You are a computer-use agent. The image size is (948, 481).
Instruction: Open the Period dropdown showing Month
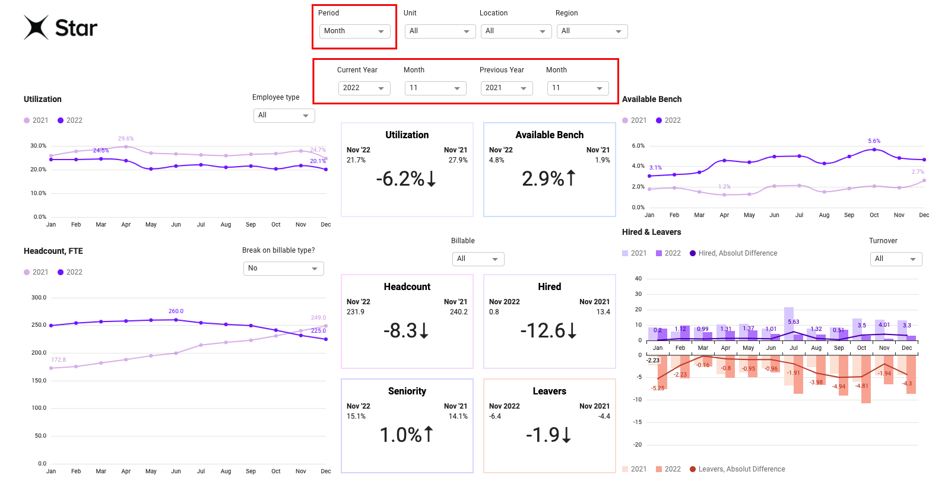click(x=354, y=31)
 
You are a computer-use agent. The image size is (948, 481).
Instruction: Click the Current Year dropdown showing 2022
click(x=364, y=88)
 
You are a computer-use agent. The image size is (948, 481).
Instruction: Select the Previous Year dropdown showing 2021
click(x=506, y=88)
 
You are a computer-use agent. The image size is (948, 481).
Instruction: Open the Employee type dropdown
click(x=284, y=116)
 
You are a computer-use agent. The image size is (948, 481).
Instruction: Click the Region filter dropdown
click(x=592, y=31)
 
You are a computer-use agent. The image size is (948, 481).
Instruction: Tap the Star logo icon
click(x=36, y=27)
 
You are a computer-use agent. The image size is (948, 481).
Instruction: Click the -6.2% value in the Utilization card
click(x=406, y=179)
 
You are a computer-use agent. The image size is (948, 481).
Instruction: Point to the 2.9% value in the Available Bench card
click(x=548, y=179)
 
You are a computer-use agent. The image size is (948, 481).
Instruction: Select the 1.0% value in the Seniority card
click(x=406, y=435)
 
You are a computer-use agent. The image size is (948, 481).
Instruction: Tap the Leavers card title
click(x=549, y=391)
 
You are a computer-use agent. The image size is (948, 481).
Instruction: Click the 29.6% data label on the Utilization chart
click(x=126, y=139)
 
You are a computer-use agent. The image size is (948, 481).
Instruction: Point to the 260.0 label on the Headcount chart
click(x=176, y=311)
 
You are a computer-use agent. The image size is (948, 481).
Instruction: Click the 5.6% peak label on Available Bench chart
click(x=874, y=141)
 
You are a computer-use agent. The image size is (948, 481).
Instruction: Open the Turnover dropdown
click(x=896, y=259)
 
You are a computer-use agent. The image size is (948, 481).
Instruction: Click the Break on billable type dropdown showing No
click(x=284, y=269)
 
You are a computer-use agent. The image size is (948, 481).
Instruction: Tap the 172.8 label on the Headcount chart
click(x=58, y=360)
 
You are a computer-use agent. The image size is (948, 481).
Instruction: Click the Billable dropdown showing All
click(x=478, y=259)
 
